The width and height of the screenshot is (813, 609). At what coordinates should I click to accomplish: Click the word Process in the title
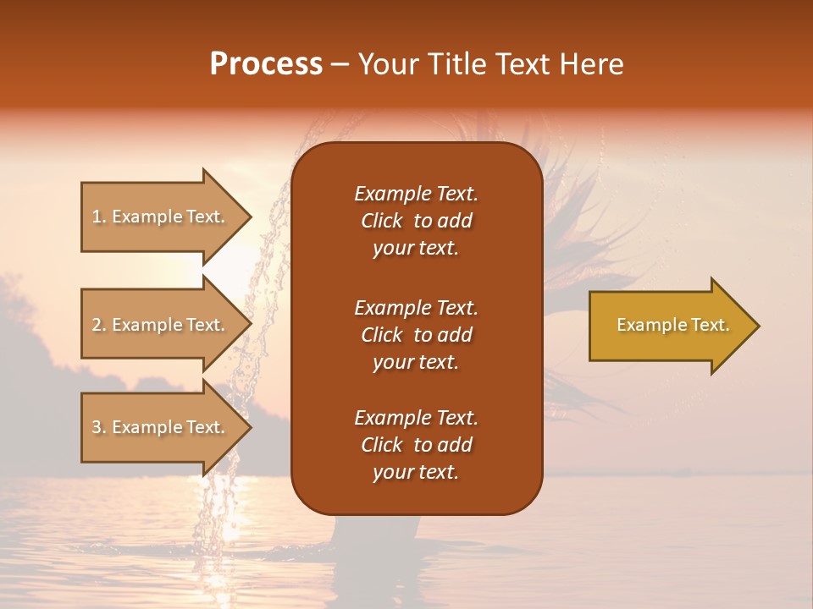[x=266, y=64]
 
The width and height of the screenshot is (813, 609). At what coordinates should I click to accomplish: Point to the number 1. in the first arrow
[x=99, y=217]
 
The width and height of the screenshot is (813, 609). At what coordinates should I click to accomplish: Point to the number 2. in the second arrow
[x=99, y=325]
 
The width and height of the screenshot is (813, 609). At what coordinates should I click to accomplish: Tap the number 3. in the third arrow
[x=99, y=427]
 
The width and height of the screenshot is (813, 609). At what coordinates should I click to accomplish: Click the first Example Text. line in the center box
[x=416, y=194]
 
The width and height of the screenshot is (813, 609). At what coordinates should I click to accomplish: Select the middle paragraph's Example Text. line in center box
[x=416, y=307]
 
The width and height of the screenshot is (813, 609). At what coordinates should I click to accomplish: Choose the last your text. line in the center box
[x=416, y=472]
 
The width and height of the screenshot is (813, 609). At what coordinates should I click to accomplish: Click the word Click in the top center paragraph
[x=382, y=221]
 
